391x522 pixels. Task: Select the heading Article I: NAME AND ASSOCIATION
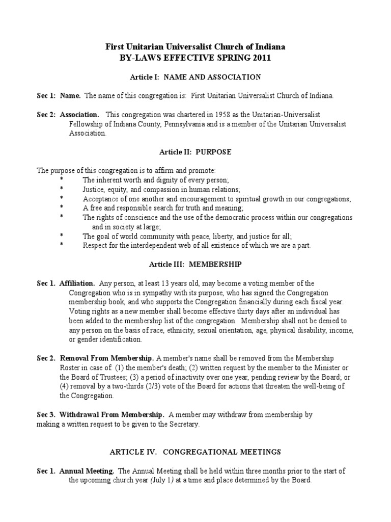[195, 77]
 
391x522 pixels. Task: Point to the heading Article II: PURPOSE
[195, 152]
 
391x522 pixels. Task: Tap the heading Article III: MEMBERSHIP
[195, 264]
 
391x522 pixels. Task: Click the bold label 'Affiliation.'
[77, 283]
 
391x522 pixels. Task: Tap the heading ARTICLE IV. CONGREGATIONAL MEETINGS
[195, 452]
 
